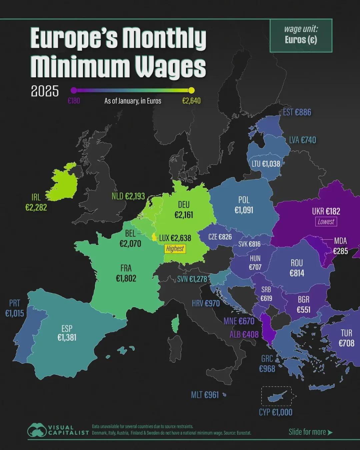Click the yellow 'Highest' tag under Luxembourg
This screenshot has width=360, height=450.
tap(175, 249)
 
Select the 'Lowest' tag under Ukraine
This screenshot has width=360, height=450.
tap(326, 222)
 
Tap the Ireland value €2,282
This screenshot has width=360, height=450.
tap(36, 208)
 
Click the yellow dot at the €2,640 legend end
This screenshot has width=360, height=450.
tap(191, 90)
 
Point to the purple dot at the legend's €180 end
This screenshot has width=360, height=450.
tap(74, 90)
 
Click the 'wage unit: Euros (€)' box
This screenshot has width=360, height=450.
tap(301, 35)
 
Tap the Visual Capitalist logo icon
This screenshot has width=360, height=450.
tap(37, 430)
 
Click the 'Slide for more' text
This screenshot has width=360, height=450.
tap(307, 432)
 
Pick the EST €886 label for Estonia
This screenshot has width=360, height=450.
tap(297, 112)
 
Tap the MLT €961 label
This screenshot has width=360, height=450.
tap(205, 395)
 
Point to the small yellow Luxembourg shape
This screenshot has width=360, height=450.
tap(154, 237)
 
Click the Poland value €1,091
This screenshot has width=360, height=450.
tap(244, 210)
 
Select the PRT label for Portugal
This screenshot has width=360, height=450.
tap(15, 303)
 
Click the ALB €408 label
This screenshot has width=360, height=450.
tap(244, 334)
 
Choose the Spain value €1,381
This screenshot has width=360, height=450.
tap(67, 338)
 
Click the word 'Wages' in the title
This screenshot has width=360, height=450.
tap(170, 67)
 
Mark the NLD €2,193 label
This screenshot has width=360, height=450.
tap(128, 196)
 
